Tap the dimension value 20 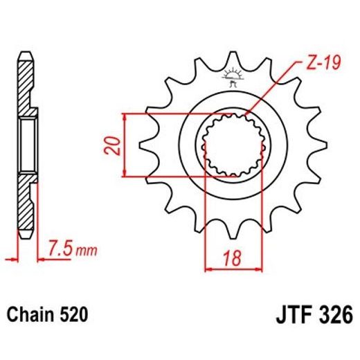(114, 145)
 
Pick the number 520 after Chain (74, 316)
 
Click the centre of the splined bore (233, 145)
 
